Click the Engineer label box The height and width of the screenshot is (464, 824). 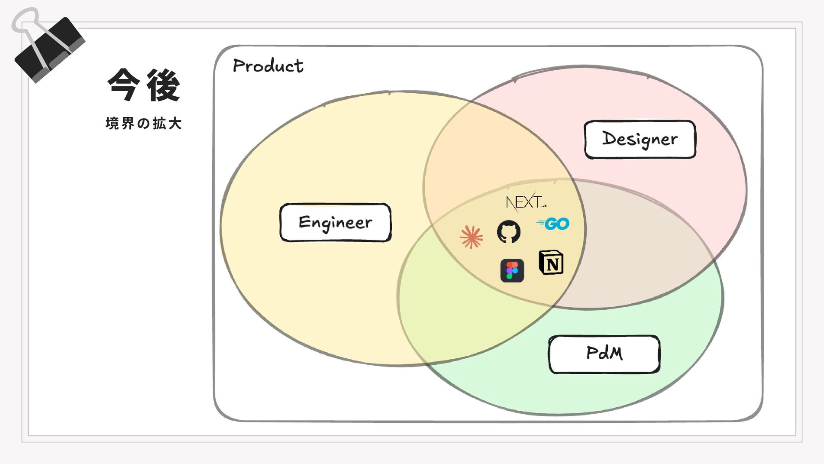pos(335,223)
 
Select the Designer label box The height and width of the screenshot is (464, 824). pos(640,140)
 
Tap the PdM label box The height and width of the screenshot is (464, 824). pos(604,354)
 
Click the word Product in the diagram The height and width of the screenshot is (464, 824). pos(268,66)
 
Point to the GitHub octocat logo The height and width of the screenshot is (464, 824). pos(509,232)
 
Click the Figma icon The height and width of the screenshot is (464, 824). pos(512,271)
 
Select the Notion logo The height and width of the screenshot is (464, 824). pos(551,263)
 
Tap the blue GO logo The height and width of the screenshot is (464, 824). pos(554,224)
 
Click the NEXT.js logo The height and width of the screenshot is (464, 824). pos(525,202)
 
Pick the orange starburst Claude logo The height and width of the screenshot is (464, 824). pos(471,237)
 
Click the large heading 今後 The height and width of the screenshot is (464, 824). pos(144,85)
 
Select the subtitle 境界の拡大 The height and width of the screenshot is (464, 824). pos(144,124)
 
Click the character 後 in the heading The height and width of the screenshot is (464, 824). pos(163,85)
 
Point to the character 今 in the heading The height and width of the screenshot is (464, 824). pos(124,85)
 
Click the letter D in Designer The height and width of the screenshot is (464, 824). pos(609,138)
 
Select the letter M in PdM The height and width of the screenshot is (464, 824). pos(615,353)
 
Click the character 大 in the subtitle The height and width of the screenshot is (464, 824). pos(175,124)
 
